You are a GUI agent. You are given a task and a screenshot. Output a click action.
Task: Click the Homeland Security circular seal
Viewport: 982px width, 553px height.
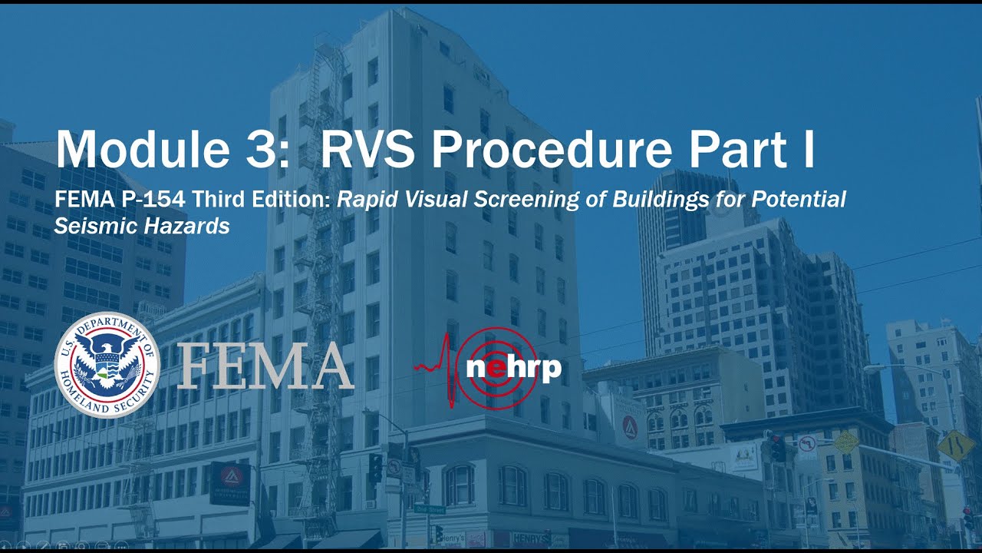[107, 365]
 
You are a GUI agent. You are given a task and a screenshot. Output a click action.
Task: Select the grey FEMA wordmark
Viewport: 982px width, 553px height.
[265, 366]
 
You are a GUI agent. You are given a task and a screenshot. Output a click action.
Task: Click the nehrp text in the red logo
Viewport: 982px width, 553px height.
[514, 369]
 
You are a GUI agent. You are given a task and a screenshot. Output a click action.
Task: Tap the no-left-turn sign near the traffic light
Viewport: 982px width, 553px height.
[807, 443]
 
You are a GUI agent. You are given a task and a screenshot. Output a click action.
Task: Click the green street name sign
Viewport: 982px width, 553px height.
[430, 508]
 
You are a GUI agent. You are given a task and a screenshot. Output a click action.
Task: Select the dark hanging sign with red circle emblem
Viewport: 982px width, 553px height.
[229, 483]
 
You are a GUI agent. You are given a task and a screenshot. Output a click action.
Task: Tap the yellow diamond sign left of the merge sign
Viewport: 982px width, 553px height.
[845, 442]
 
